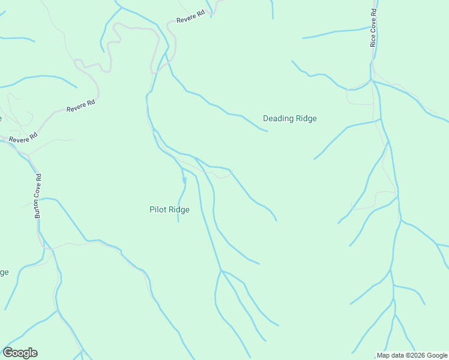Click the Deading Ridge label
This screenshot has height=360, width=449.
[x=289, y=118]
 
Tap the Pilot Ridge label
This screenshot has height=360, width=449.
[x=169, y=209]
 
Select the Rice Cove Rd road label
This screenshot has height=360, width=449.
[x=373, y=28]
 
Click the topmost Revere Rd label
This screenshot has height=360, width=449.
[x=190, y=16]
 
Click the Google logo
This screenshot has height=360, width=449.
[x=20, y=353]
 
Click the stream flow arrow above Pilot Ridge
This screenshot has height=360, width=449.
[x=184, y=181]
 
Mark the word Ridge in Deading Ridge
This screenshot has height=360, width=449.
[x=306, y=118]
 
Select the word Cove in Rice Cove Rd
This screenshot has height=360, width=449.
[x=373, y=28]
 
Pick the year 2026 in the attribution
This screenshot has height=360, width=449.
[x=408, y=355]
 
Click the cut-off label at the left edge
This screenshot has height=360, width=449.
[x=4, y=272]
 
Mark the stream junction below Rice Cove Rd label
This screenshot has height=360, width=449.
[x=372, y=80]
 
